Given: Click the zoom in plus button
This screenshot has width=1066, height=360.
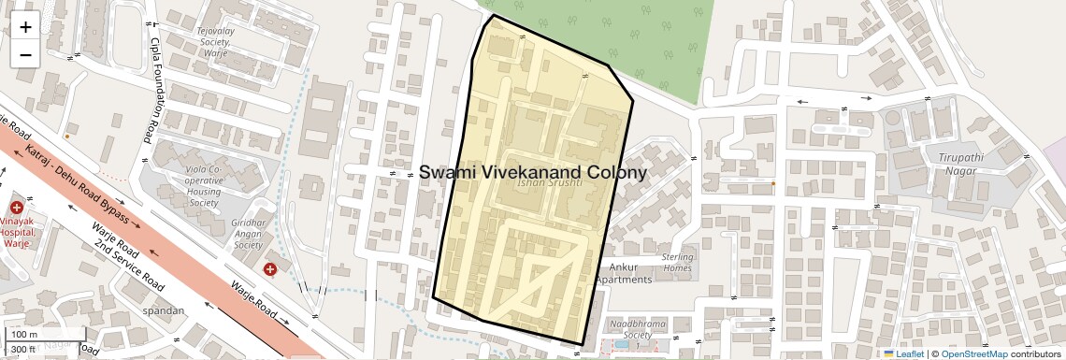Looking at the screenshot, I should point(25,27).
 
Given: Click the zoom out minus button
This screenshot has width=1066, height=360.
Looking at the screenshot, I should point(25,54).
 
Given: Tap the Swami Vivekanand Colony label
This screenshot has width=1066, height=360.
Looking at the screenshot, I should point(532,173).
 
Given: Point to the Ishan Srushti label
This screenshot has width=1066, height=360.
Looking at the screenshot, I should point(549,183).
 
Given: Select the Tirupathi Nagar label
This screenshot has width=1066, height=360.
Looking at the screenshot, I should point(950,165).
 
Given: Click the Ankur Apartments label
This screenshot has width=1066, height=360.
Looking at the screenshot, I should point(624,273).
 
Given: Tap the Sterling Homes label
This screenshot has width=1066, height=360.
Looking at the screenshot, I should point(677,263).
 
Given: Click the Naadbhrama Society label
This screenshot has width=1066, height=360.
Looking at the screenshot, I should point(637,329).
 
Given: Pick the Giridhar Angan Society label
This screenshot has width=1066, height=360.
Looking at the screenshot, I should point(249,234).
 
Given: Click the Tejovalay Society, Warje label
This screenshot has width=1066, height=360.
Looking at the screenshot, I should point(214,43).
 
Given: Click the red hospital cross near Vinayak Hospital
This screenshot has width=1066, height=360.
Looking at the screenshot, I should point(16,206).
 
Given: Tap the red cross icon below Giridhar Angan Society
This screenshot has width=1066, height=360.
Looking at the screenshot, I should point(269,269).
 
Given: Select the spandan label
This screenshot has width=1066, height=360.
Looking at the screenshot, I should point(163,310).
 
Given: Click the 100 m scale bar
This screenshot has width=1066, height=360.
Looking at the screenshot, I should point(47,335).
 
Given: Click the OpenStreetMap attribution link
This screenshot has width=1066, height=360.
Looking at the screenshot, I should point(973,354).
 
